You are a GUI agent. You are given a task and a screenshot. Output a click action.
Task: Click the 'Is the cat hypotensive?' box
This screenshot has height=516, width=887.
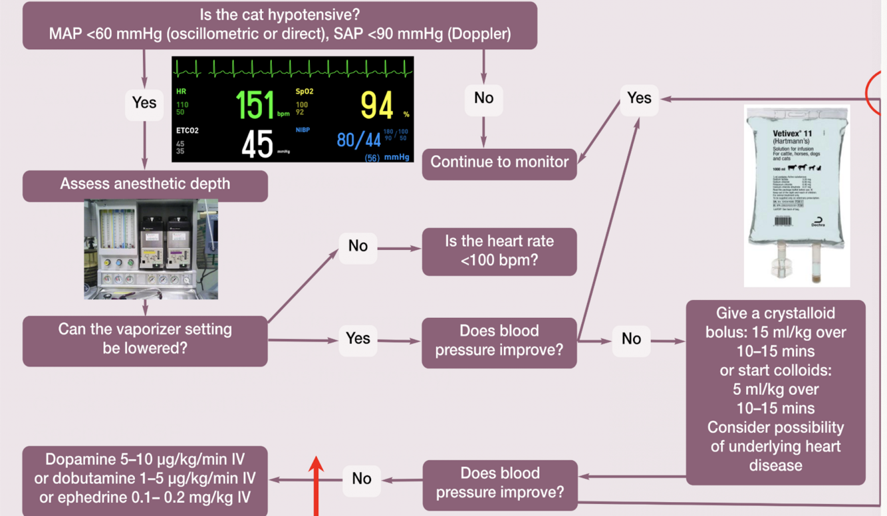point(279,25)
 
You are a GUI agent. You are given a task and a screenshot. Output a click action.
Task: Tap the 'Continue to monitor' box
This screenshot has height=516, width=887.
point(499,162)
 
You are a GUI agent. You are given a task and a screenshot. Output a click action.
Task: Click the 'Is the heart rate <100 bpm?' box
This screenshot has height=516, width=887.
point(499,251)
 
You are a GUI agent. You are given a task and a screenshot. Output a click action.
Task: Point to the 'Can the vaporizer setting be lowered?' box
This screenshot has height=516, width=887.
point(145,338)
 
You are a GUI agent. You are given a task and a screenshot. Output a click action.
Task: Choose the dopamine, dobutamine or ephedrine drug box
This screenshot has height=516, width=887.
point(145,479)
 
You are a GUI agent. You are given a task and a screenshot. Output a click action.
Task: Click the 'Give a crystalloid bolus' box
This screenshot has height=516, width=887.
point(775,389)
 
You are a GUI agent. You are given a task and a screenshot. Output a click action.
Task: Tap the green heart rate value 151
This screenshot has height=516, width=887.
point(255,105)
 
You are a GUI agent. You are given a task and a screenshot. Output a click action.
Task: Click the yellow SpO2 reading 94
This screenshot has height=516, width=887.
point(376,105)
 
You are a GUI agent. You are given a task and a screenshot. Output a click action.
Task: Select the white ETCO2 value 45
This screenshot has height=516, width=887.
point(257,144)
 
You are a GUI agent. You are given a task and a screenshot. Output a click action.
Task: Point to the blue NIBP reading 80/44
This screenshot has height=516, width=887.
point(358,140)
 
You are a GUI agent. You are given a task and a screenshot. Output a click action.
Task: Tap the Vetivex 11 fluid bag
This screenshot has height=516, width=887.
point(797,193)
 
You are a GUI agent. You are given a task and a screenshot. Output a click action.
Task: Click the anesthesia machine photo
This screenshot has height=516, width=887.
point(151,250)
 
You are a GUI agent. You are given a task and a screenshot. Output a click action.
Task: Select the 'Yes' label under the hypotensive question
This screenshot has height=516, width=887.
point(144,102)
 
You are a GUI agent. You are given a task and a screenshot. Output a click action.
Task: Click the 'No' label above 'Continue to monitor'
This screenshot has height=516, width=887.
point(483,98)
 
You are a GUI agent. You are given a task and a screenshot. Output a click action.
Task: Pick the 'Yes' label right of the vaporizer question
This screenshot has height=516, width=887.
point(358,338)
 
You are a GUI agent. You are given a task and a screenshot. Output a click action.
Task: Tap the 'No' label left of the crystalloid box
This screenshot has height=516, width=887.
point(631,339)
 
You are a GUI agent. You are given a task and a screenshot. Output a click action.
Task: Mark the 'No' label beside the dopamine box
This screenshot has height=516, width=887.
point(362,479)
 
